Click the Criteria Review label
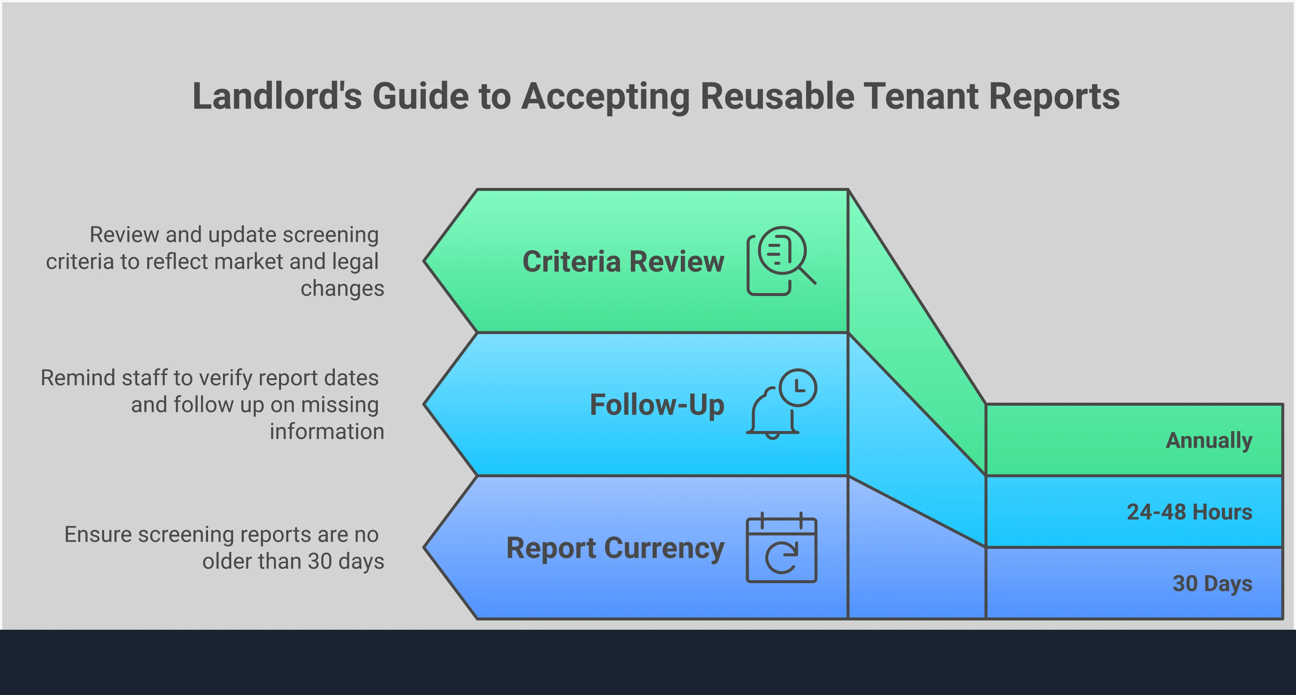click(x=623, y=262)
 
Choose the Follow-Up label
click(x=657, y=405)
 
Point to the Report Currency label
click(x=615, y=548)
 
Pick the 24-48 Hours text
click(x=1189, y=512)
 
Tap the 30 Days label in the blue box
click(x=1212, y=583)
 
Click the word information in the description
click(x=327, y=432)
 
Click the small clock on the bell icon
click(x=798, y=387)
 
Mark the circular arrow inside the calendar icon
click(x=781, y=558)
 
